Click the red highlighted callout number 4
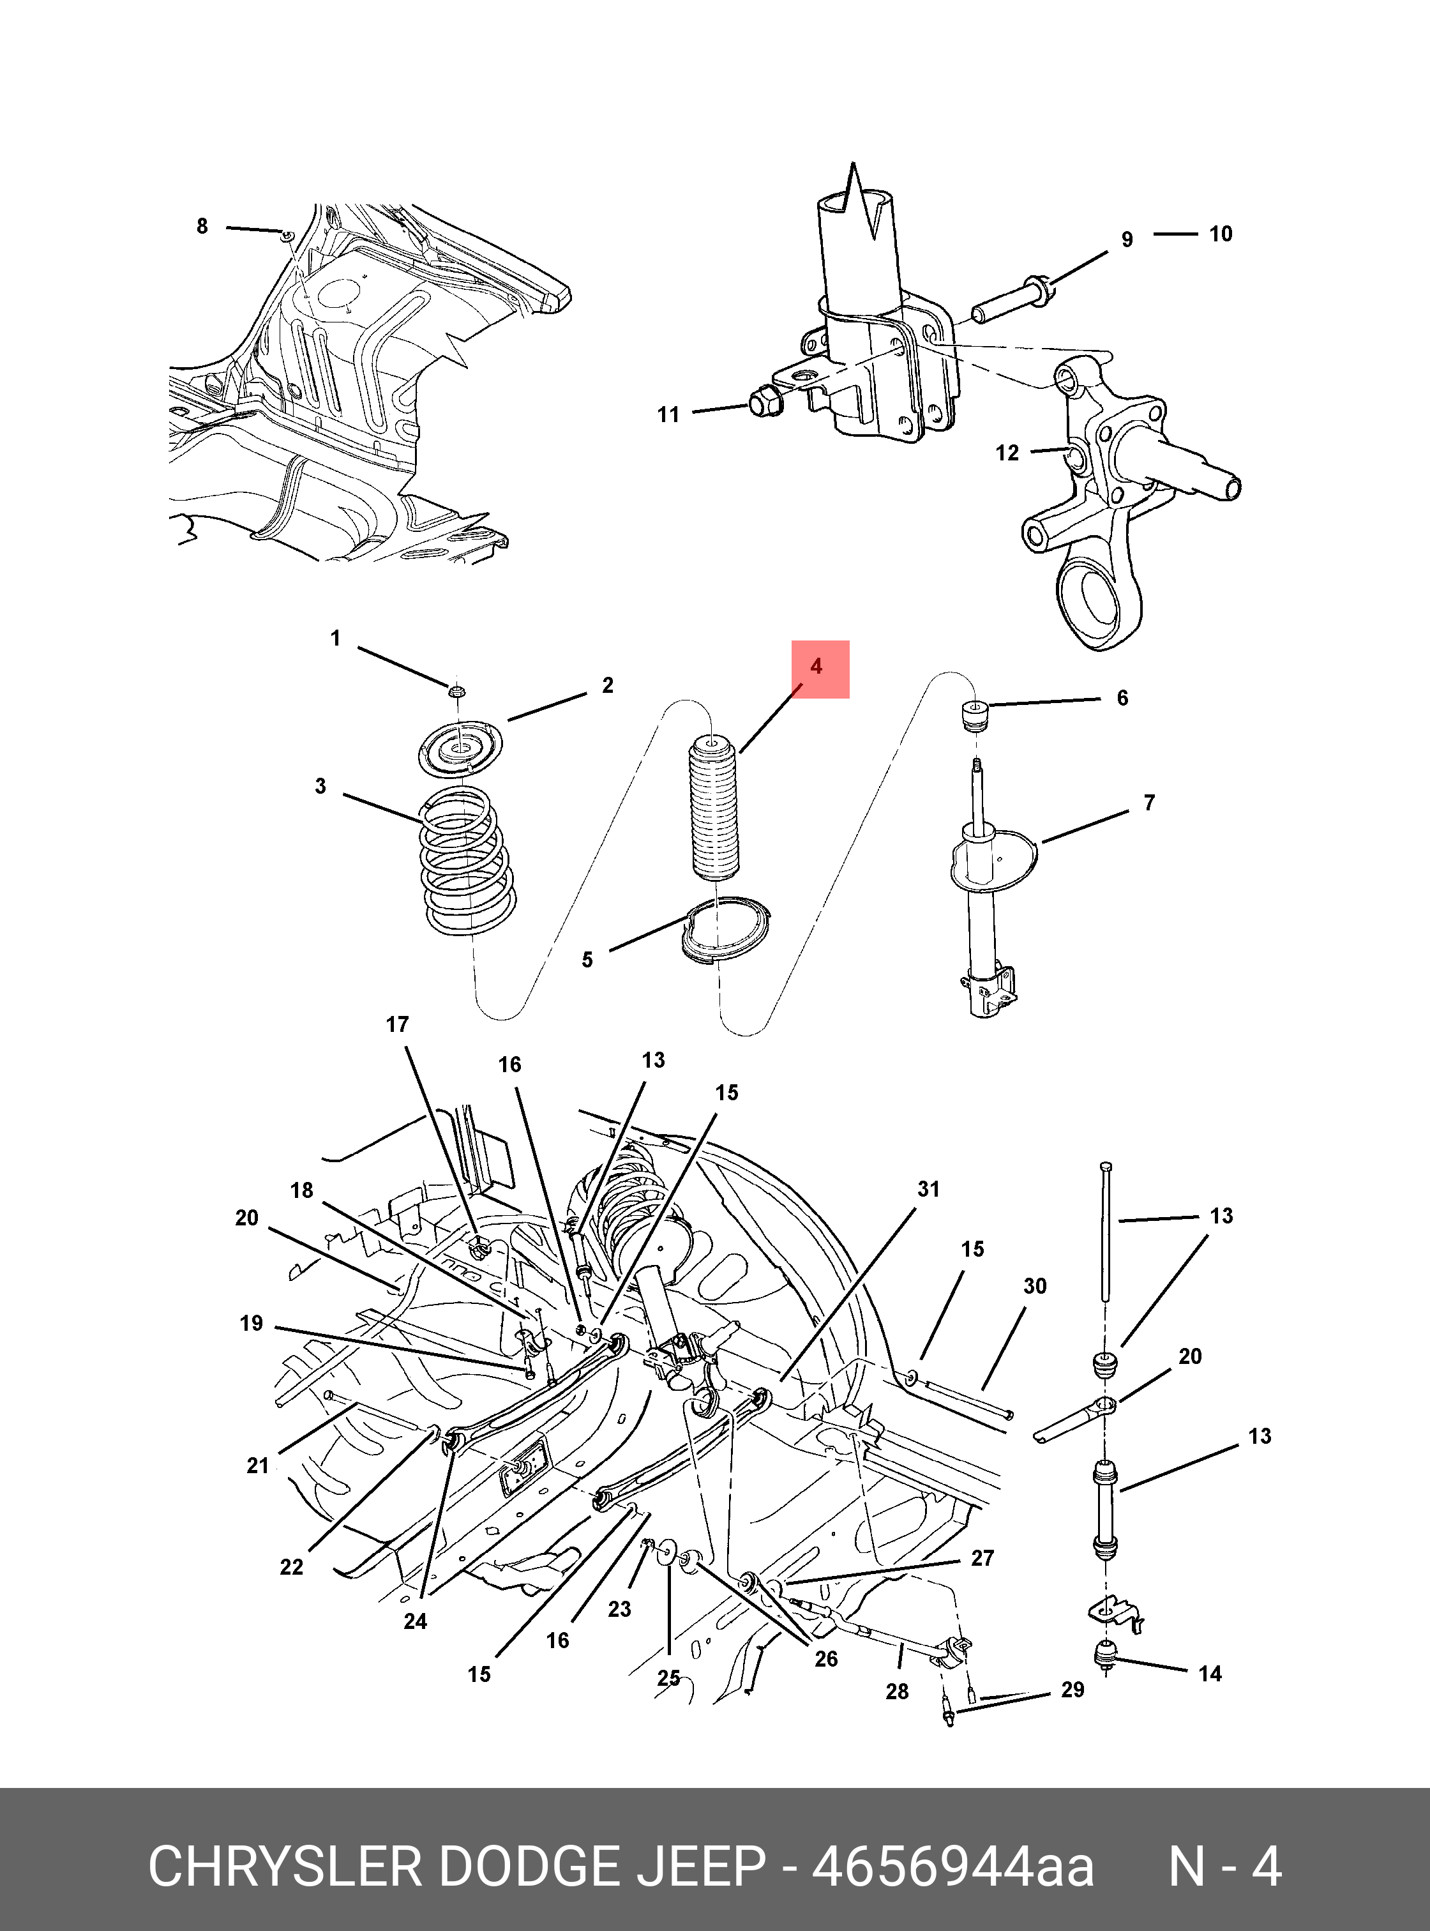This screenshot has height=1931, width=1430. [817, 667]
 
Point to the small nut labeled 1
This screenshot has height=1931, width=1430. [457, 690]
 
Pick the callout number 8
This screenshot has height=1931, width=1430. [202, 227]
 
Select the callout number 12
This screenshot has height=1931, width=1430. [1007, 453]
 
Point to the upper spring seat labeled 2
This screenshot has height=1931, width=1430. [460, 750]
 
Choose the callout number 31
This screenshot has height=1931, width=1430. [928, 1189]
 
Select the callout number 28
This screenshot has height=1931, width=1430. [897, 1691]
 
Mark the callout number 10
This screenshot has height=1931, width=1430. [1221, 234]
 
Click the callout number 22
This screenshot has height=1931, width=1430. [292, 1566]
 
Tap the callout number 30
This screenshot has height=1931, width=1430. [1035, 1286]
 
